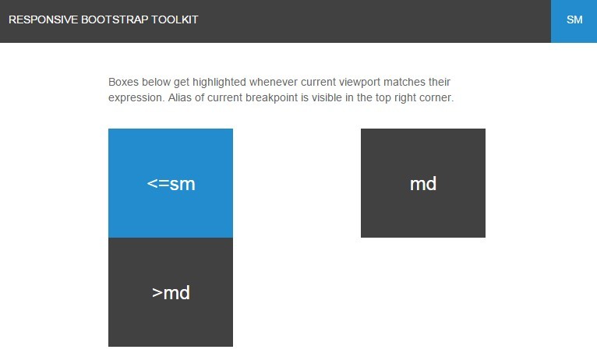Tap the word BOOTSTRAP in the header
pos(115,19)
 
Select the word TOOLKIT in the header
pos(175,19)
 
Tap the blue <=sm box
pos(171,183)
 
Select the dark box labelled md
pos(423,183)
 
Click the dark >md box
pos(171,292)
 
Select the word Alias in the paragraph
pos(180,98)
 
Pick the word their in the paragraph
pos(440,82)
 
